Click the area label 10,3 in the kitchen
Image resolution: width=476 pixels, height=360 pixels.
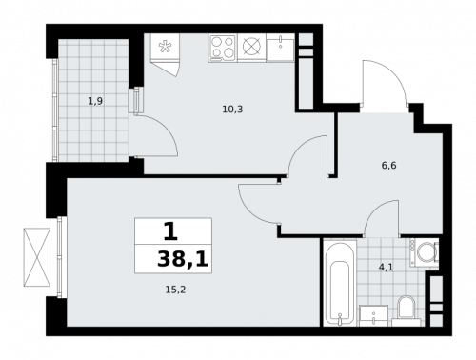pos(232,109)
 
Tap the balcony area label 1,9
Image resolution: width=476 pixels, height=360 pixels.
pos(95,99)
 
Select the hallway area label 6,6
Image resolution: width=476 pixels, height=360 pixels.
pos(389,165)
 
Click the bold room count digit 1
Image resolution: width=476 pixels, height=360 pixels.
pos(169,230)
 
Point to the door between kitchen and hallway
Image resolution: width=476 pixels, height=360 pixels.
pos(310,156)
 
